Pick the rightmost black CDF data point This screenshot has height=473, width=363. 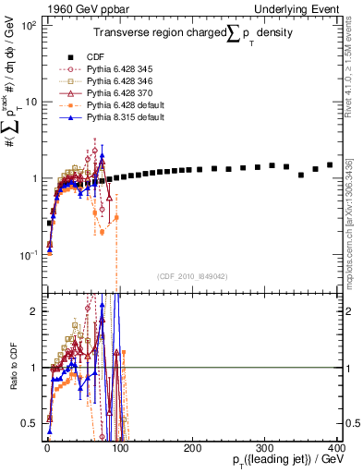(330, 165)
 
